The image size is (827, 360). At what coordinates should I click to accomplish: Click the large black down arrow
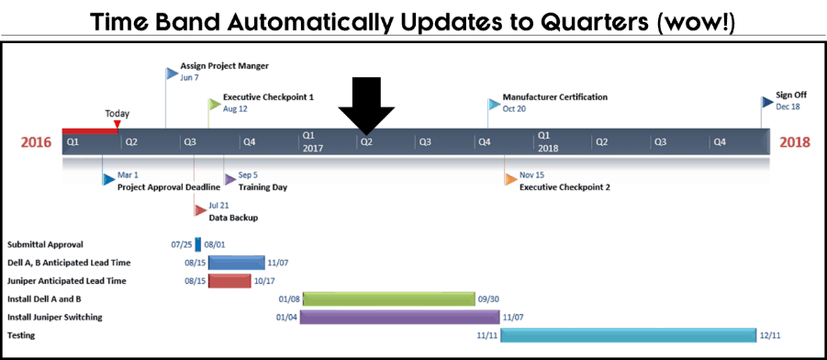click(x=366, y=106)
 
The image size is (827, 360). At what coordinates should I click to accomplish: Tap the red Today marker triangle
click(x=117, y=124)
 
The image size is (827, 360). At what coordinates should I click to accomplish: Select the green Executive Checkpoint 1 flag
click(x=215, y=104)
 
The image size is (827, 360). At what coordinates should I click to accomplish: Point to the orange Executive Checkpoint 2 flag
click(x=510, y=179)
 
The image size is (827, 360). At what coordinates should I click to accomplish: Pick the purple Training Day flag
click(x=229, y=179)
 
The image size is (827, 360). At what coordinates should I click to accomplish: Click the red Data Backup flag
click(x=200, y=210)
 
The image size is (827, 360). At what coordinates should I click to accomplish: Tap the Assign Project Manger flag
click(x=172, y=73)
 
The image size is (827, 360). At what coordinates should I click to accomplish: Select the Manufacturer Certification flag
click(x=494, y=104)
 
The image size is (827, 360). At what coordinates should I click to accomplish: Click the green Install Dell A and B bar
click(x=389, y=298)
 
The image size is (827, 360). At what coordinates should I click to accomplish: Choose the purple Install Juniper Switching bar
click(x=400, y=317)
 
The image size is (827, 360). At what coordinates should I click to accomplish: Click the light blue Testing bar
click(x=629, y=335)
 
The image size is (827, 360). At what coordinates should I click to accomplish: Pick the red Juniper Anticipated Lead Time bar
click(x=229, y=281)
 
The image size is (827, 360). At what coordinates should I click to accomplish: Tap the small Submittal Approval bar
click(x=197, y=244)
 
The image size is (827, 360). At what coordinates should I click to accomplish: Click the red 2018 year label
click(x=795, y=142)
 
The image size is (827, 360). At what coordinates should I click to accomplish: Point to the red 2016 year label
click(x=37, y=142)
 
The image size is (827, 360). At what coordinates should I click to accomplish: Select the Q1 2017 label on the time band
click(x=312, y=141)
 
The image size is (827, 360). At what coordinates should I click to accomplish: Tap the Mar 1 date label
click(x=127, y=175)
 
